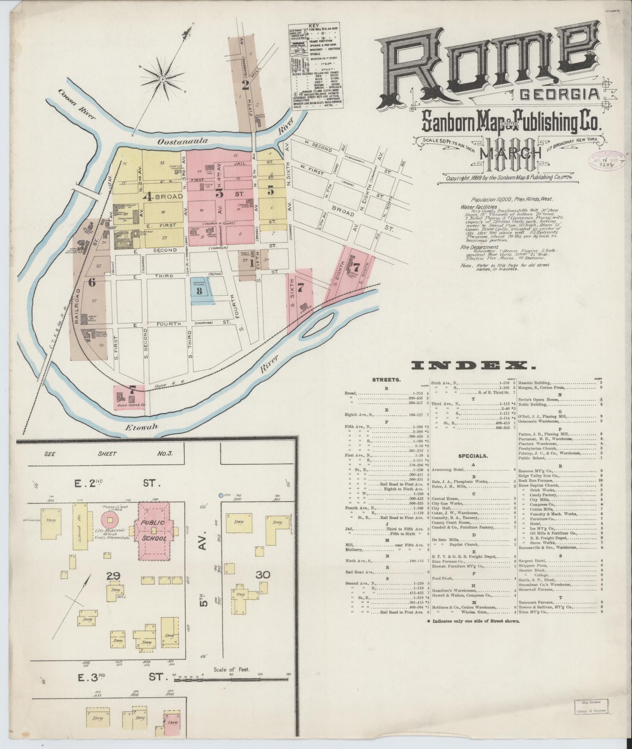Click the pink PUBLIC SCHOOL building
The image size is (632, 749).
click(153, 531)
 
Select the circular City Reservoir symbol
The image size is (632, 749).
click(110, 520)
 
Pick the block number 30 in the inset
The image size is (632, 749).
click(263, 575)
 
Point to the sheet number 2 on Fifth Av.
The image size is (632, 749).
click(246, 85)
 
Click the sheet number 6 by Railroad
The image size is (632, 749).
click(92, 282)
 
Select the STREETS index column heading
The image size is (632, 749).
click(386, 379)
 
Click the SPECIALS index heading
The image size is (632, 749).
click(473, 456)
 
